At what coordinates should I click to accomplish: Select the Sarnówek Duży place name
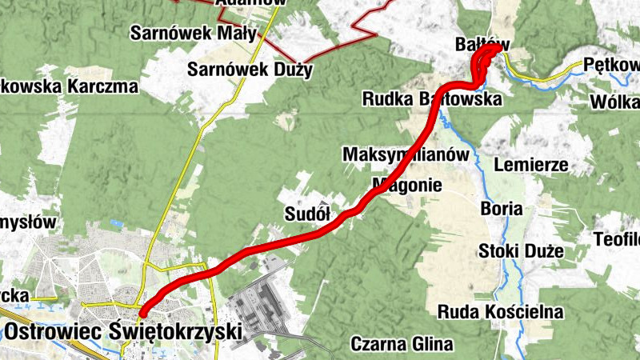(x=250, y=70)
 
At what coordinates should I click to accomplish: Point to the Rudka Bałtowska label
(x=431, y=99)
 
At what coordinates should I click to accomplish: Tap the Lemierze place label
(x=531, y=166)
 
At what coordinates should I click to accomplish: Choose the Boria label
(x=502, y=210)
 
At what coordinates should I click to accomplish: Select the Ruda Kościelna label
(x=501, y=311)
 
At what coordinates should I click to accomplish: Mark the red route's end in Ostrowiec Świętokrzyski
(x=142, y=313)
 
